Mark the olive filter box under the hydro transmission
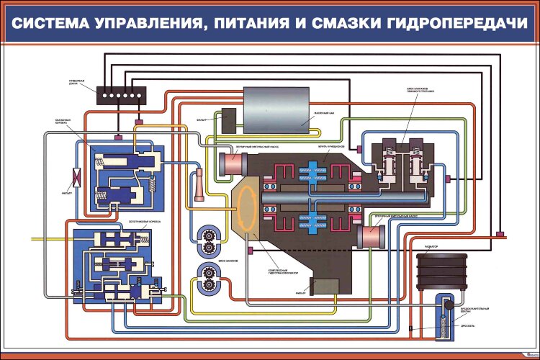[x=323, y=286]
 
